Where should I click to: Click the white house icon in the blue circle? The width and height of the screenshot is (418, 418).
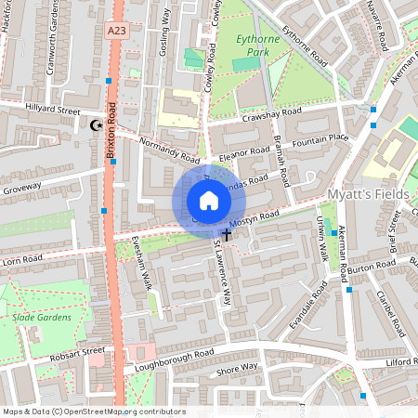209,201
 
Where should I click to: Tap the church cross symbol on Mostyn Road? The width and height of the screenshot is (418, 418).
227,237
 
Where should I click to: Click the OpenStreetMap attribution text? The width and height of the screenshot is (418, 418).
93,411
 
